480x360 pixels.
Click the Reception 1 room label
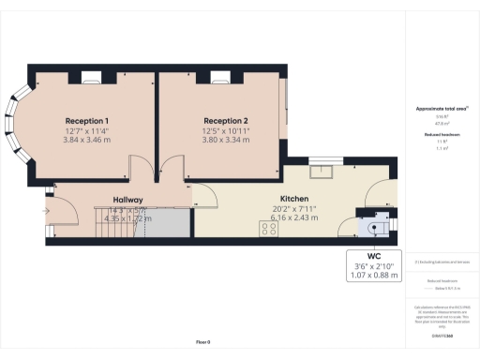(87, 121)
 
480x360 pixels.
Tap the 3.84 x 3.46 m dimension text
(87, 139)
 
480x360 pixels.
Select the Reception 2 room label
(226, 121)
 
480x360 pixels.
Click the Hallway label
(128, 200)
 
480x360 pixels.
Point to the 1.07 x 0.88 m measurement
(374, 276)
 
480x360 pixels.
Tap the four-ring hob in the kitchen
(265, 229)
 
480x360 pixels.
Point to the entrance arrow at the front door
(44, 210)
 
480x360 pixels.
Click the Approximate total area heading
(441, 109)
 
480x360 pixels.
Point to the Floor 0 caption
(202, 342)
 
